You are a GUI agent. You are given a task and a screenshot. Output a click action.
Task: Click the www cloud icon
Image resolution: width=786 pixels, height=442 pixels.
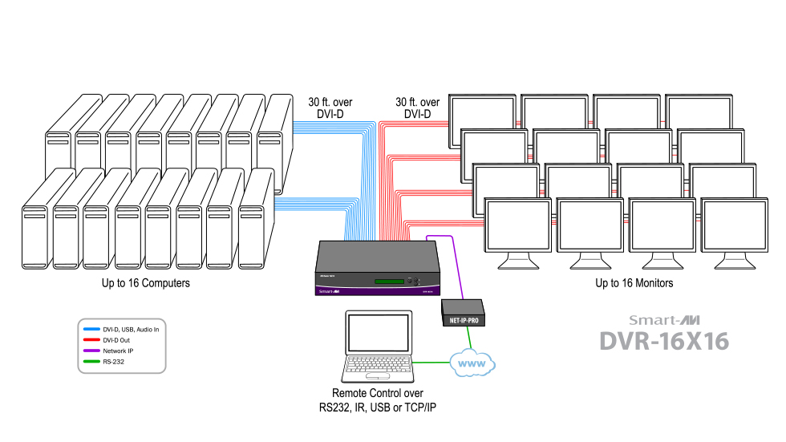coord(472,364)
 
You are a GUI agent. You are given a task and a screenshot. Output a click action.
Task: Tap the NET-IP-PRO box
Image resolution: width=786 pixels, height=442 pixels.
coord(463,311)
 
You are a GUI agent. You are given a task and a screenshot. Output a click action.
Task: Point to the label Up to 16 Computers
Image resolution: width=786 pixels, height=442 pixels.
coord(146,283)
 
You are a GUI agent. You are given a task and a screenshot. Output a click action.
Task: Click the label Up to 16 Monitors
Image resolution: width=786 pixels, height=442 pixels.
coord(634,283)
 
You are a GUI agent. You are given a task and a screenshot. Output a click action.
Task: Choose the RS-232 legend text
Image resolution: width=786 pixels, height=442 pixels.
coord(115,362)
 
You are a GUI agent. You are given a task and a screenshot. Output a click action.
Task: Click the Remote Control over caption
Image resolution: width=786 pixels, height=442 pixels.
coord(378,393)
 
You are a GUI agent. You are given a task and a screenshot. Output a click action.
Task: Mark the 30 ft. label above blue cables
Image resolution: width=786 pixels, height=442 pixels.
coord(330,108)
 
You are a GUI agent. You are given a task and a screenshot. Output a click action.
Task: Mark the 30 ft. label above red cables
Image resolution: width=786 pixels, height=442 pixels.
coord(417,108)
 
